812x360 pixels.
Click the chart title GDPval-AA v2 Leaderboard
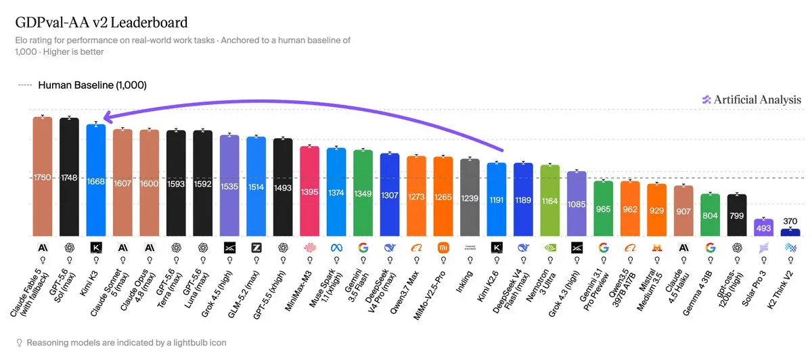point(101,22)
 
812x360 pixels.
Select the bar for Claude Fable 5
point(43,177)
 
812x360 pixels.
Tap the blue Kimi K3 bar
point(96,180)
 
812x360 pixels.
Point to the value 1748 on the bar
point(69,178)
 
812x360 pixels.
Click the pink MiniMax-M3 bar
point(310,191)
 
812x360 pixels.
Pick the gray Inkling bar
point(470,198)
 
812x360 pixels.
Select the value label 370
point(790,221)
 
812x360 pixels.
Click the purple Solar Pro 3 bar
point(764,227)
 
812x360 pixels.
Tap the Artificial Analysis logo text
point(757,99)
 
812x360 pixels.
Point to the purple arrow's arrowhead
point(108,117)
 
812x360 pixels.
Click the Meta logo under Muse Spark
point(336,248)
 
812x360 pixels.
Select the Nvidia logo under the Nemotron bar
point(550,248)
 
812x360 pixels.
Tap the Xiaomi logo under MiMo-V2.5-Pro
point(443,248)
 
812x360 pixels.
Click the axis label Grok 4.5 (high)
point(216,294)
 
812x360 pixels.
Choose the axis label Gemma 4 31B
point(697,293)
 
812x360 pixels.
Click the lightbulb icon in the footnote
point(19,342)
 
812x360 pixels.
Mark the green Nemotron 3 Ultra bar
point(550,200)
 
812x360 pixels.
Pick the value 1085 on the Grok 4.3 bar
point(577,204)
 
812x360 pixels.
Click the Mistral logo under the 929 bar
point(657,248)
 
